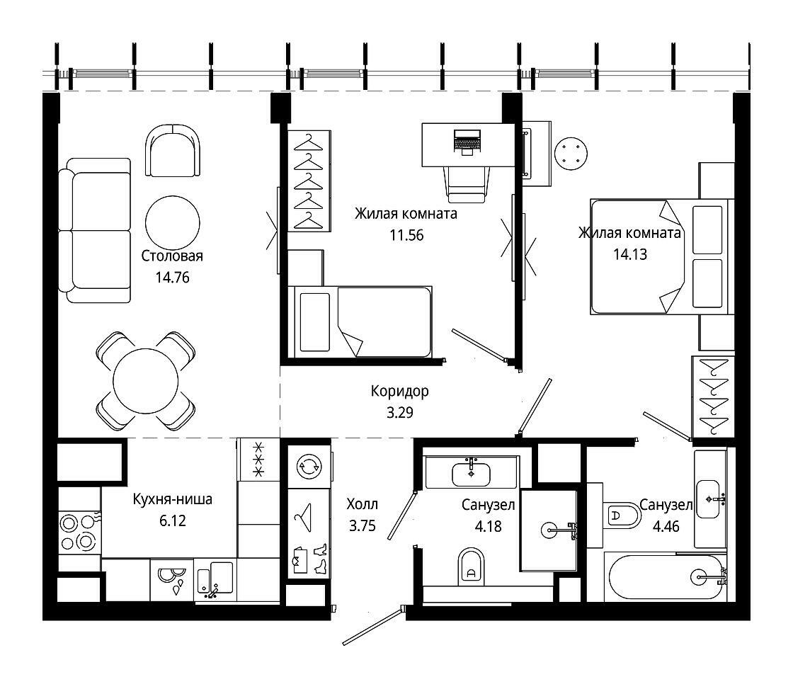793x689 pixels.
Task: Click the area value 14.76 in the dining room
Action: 172,277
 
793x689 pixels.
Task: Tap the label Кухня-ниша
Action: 172,499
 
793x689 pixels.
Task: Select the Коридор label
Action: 399,391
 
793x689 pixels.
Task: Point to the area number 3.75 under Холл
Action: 362,526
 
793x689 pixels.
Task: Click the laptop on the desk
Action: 467,142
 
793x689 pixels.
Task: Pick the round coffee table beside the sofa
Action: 173,222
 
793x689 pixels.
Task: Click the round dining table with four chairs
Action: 146,381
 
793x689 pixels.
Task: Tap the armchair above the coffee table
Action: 173,151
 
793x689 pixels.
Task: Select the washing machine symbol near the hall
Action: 308,467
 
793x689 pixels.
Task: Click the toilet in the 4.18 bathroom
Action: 471,566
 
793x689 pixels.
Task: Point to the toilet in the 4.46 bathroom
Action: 622,516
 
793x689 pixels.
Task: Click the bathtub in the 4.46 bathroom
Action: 666,578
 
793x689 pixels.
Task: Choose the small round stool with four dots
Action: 571,153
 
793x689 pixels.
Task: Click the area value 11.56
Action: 406,235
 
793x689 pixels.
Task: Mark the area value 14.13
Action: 630,254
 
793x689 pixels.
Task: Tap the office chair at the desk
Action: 467,185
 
